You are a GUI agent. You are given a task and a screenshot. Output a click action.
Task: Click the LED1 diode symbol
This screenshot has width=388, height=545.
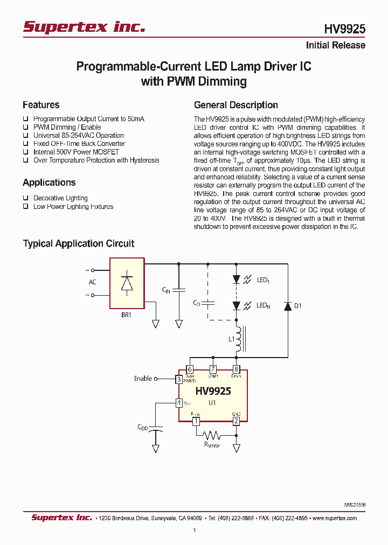pyautogui.click(x=236, y=280)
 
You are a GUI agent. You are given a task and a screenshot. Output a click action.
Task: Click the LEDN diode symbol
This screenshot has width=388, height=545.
pyautogui.click(x=236, y=305)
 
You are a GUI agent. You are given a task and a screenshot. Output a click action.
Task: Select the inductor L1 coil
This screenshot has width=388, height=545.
pyautogui.click(x=238, y=340)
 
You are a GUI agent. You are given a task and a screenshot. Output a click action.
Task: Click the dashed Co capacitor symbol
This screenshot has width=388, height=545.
pyautogui.click(x=208, y=303)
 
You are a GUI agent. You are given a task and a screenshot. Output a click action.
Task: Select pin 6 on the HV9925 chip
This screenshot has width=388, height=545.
pyautogui.click(x=190, y=369)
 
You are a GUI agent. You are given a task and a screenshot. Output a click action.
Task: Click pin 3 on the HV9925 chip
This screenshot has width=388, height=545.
pyautogui.click(x=179, y=379)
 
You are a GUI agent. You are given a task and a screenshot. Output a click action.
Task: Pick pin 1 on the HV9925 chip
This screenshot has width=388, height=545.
pyautogui.click(x=196, y=421)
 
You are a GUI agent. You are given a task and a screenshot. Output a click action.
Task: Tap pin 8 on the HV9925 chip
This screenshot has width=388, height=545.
pyautogui.click(x=236, y=369)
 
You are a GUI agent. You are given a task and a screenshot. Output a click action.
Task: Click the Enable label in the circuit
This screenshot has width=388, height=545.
pyautogui.click(x=143, y=379)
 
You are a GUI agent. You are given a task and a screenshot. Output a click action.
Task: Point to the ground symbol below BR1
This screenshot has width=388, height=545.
pyautogui.click(x=156, y=324)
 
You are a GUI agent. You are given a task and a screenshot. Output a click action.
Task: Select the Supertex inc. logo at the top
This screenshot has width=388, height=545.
pyautogui.click(x=84, y=27)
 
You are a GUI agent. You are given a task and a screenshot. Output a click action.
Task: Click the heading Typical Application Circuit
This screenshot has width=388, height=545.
pyautogui.click(x=78, y=243)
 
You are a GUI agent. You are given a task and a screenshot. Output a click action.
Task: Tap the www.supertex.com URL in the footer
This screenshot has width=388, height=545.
pyautogui.click(x=335, y=518)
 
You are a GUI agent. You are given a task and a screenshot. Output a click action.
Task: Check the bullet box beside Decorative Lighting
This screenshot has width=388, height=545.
pyautogui.click(x=25, y=198)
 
